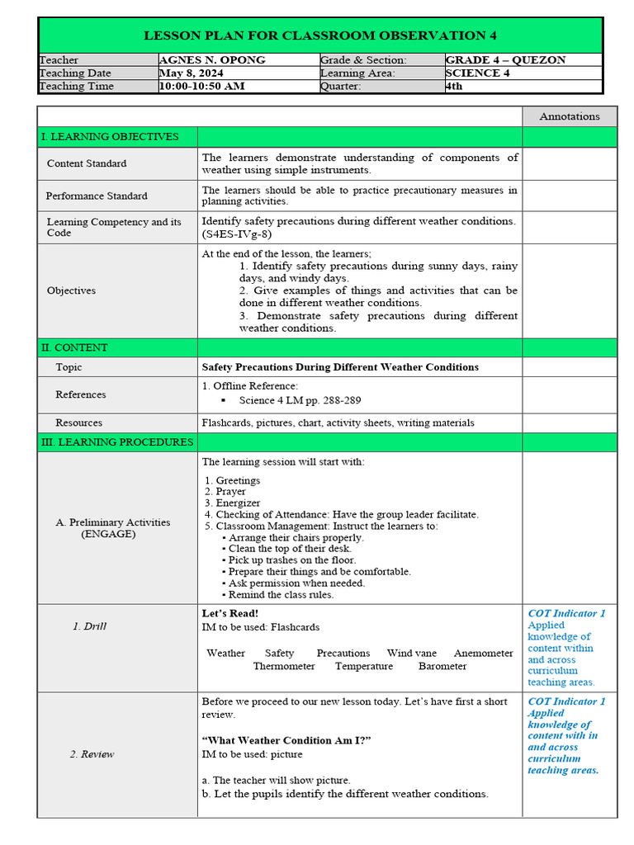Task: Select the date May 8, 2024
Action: point(192,73)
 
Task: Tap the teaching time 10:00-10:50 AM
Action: point(202,86)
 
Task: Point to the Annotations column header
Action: point(569,116)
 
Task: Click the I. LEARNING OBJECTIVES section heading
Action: point(110,137)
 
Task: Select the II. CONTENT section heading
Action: point(74,347)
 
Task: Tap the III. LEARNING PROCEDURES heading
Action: point(117,442)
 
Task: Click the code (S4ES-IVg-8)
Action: point(236,234)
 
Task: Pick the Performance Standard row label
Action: point(97,196)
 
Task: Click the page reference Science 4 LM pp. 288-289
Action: point(300,400)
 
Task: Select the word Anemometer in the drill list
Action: point(483,653)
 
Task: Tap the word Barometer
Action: point(442,666)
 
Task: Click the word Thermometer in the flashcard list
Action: point(284,666)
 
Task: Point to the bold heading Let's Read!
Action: point(230,614)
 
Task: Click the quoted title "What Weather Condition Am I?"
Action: point(286,741)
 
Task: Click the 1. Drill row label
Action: point(89,626)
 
